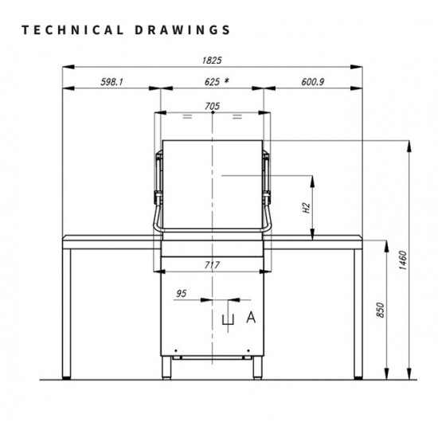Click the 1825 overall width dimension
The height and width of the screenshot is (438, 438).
(212, 60)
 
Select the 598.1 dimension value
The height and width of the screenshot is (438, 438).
(111, 82)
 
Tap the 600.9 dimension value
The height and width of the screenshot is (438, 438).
(313, 82)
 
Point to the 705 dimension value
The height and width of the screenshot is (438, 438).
(213, 106)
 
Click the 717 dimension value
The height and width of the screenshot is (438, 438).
(212, 265)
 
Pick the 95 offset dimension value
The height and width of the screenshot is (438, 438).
(181, 294)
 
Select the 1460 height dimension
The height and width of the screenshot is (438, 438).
(403, 260)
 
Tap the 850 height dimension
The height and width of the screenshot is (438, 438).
(380, 310)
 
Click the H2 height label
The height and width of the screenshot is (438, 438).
(306, 208)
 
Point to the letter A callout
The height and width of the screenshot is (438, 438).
(251, 318)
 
